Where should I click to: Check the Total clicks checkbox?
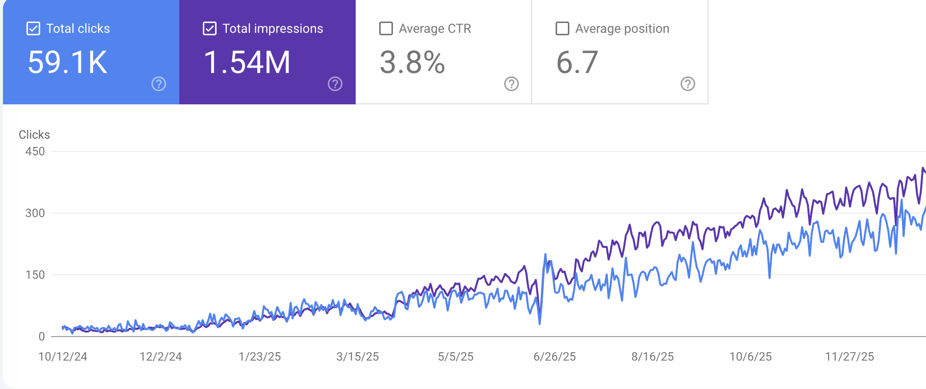(x=33, y=28)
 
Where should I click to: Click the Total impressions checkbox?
(x=210, y=28)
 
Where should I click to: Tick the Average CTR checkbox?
(x=386, y=28)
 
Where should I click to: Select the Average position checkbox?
(x=562, y=28)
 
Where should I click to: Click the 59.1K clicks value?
(x=68, y=63)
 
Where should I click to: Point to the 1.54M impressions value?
(x=247, y=63)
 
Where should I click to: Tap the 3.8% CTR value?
(x=412, y=63)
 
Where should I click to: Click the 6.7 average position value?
(x=577, y=63)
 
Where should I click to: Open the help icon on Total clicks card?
(x=159, y=84)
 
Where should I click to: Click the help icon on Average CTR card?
(x=512, y=84)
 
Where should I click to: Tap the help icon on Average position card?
(x=688, y=84)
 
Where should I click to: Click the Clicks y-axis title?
(x=34, y=135)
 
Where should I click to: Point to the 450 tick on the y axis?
(x=35, y=151)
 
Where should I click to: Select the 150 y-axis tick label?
(x=35, y=275)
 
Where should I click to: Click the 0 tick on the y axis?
(x=42, y=337)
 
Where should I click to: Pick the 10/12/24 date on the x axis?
(x=63, y=357)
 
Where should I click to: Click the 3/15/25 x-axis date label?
(x=358, y=357)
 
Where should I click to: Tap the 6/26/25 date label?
(x=555, y=357)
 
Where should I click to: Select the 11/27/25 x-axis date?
(x=850, y=357)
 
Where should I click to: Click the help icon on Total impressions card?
(x=335, y=84)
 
